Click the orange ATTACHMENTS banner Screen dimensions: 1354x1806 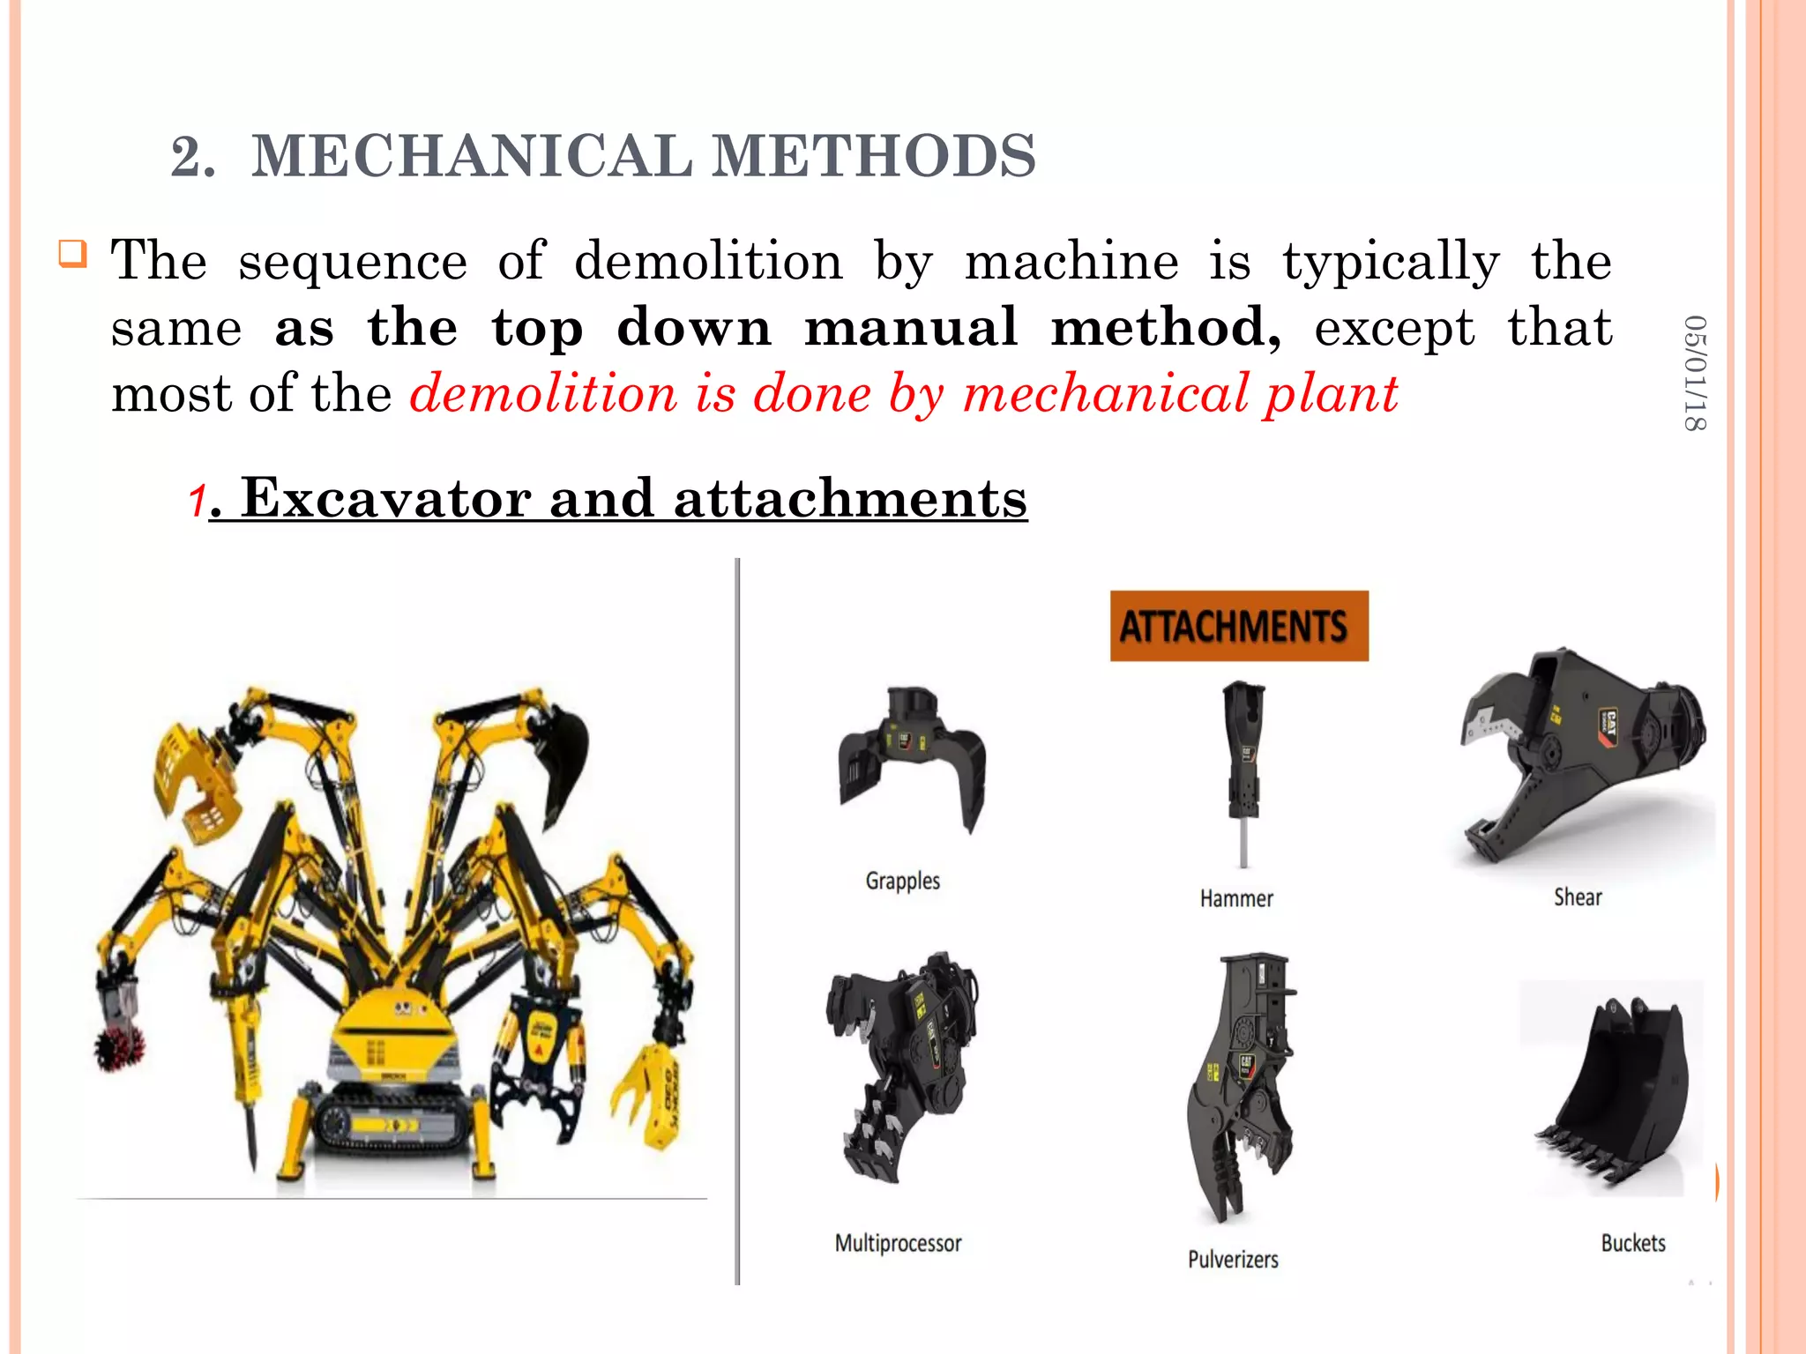point(1238,626)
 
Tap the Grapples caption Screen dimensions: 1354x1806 point(902,881)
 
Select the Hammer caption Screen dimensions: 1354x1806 point(1236,898)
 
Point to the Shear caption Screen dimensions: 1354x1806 point(1577,897)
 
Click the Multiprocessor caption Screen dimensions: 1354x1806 point(898,1243)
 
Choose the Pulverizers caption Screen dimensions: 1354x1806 point(1233,1259)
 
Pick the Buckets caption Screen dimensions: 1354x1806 point(1633,1243)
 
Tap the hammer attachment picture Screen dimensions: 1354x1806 point(1243,767)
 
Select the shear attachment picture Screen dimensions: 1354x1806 point(1578,758)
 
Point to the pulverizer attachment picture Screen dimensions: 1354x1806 point(1239,1084)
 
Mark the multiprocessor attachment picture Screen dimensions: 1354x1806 point(901,1062)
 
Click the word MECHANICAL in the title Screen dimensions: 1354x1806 point(473,156)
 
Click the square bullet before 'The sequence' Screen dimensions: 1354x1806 point(73,254)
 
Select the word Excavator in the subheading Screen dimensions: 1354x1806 point(385,498)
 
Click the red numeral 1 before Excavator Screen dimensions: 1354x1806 point(197,502)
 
